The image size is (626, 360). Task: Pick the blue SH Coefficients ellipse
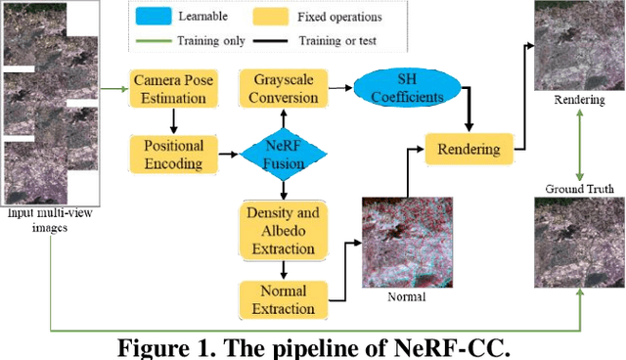coord(399,89)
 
